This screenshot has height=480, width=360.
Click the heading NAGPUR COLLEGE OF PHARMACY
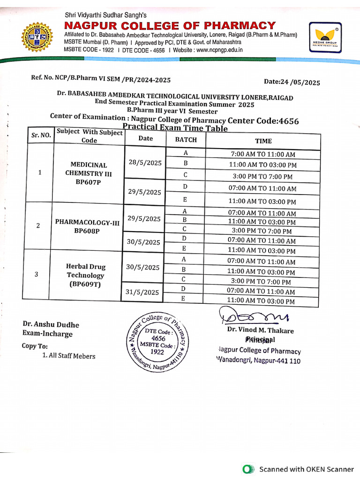click(x=170, y=25)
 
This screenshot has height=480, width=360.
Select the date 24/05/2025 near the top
click(x=292, y=82)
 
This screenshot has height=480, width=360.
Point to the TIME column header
click(x=263, y=141)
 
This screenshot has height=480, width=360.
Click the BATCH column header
click(x=186, y=140)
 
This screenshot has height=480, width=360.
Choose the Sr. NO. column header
click(x=41, y=135)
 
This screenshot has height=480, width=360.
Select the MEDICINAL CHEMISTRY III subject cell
click(x=89, y=173)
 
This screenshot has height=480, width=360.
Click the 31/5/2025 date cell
click(x=142, y=292)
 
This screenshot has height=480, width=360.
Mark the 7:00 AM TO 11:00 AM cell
click(x=263, y=154)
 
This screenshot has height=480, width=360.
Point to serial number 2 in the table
click(x=38, y=225)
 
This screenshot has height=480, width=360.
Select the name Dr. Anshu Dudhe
click(x=51, y=325)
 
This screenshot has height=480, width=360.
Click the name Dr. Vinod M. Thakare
click(x=260, y=330)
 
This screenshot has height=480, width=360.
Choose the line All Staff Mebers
click(x=69, y=356)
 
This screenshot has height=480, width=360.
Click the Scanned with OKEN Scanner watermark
click(x=298, y=469)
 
